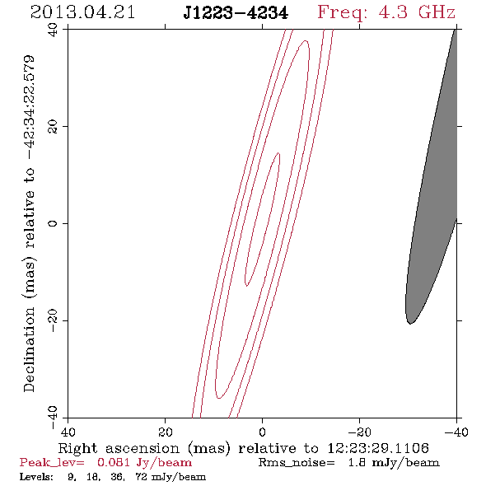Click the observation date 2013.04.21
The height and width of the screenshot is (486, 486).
[82, 12]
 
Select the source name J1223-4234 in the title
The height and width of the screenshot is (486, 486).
[236, 13]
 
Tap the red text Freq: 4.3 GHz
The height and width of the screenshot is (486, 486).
[386, 12]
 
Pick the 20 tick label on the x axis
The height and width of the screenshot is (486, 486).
[165, 432]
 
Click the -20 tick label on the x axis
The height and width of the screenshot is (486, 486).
[359, 432]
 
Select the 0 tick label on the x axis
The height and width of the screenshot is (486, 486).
[262, 432]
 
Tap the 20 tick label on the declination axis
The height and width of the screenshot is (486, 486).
[53, 127]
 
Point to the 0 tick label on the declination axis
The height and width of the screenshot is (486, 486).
[53, 223]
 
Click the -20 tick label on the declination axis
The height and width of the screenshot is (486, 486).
[53, 320]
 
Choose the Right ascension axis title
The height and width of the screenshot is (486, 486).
[244, 448]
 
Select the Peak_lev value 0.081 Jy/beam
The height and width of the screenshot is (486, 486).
[144, 463]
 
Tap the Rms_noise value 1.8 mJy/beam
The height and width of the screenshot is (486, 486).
[394, 463]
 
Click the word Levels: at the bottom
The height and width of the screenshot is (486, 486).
[36, 477]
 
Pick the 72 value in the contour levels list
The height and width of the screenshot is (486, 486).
[142, 477]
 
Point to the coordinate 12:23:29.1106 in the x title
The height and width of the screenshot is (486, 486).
[378, 448]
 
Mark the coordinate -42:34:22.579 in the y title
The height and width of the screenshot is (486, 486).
[29, 108]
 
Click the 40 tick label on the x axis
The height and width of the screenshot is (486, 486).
[68, 432]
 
